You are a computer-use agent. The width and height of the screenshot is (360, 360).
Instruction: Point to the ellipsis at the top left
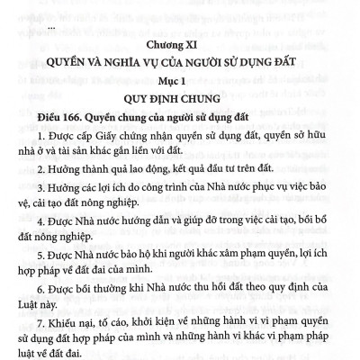[x=51, y=26]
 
